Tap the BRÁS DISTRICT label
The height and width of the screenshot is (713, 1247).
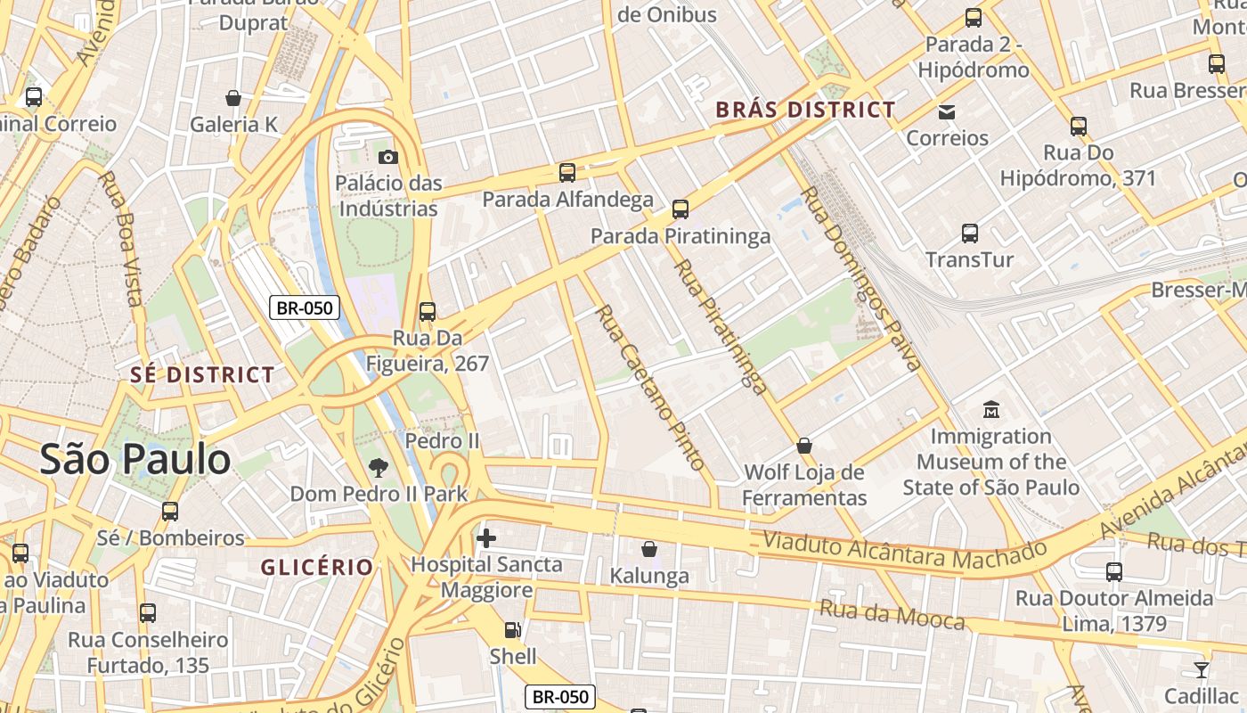pyautogui.click(x=805, y=110)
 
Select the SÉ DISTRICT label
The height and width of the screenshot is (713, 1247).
pyautogui.click(x=202, y=375)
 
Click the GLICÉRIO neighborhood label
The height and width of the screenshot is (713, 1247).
pyautogui.click(x=316, y=567)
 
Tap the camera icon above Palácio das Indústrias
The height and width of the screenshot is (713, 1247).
pyautogui.click(x=387, y=158)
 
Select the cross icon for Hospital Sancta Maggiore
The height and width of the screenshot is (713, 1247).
pyautogui.click(x=486, y=538)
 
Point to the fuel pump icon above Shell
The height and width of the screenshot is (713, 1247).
pyautogui.click(x=512, y=630)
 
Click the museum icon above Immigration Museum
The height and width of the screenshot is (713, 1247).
pyautogui.click(x=990, y=411)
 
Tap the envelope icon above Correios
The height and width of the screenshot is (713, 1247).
pyautogui.click(x=946, y=112)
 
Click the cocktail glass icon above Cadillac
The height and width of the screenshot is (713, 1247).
pyautogui.click(x=1201, y=670)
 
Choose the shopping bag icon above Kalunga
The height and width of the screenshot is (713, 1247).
pyautogui.click(x=649, y=550)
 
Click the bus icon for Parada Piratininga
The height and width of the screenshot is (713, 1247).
pyautogui.click(x=681, y=209)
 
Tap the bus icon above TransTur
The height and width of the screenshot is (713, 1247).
pyautogui.click(x=970, y=234)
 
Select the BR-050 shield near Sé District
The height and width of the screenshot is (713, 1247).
pyautogui.click(x=305, y=308)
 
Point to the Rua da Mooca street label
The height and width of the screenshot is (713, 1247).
pyautogui.click(x=891, y=614)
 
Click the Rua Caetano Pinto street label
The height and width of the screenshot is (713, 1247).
pyautogui.click(x=649, y=387)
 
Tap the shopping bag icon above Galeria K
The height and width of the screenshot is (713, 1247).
pyautogui.click(x=233, y=98)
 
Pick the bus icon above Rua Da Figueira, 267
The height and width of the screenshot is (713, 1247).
pyautogui.click(x=428, y=312)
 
